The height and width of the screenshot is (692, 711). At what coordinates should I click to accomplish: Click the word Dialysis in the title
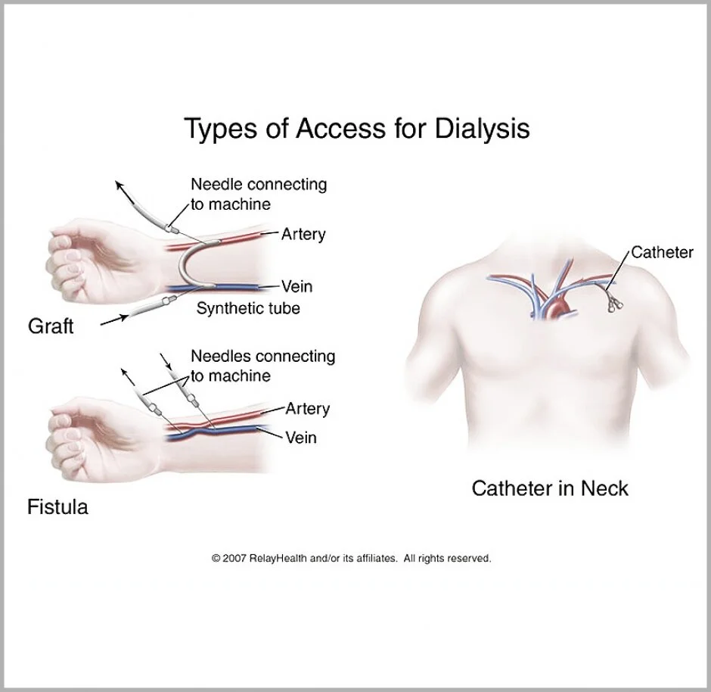(482, 129)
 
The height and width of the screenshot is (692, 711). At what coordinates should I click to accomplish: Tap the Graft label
(51, 326)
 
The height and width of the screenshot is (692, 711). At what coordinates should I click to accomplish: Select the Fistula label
(57, 507)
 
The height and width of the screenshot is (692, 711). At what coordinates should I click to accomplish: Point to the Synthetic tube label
(248, 308)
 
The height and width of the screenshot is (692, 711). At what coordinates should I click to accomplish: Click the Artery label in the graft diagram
(303, 234)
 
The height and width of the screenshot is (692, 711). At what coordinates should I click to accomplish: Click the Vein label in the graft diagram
(297, 287)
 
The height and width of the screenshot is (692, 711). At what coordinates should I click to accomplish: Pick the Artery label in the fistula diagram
(307, 409)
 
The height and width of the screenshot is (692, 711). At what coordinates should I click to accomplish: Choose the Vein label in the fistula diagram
(300, 438)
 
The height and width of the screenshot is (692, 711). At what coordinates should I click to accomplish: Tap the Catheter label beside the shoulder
(662, 252)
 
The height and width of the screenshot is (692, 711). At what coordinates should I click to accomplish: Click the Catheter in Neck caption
(550, 488)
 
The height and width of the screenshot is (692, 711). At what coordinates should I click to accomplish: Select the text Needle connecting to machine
(258, 194)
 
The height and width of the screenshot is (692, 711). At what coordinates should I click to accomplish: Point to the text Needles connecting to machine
(262, 365)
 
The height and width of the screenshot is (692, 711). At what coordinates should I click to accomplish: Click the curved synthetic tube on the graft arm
(185, 265)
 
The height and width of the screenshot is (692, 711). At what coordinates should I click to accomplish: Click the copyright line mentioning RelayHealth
(352, 559)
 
